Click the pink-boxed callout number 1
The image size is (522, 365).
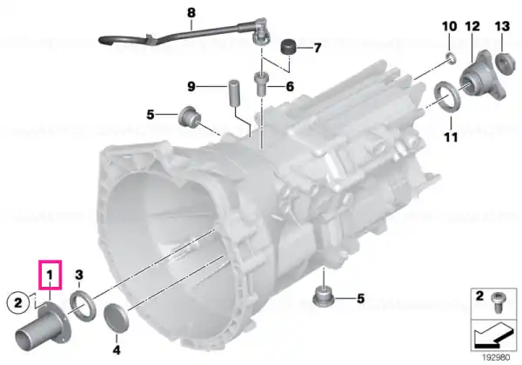[x=50, y=275]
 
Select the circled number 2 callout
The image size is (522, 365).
[x=18, y=302]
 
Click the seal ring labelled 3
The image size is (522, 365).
[x=83, y=306]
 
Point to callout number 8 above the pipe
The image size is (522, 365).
[x=191, y=13]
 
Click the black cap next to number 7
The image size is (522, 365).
[x=289, y=48]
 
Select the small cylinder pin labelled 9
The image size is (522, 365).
[x=234, y=93]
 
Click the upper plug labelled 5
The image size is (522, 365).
[x=190, y=117]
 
